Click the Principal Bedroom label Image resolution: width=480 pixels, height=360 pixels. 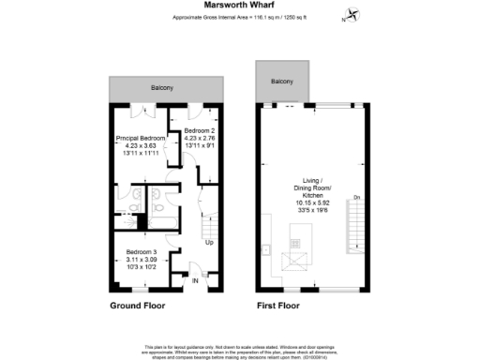click(x=140, y=138)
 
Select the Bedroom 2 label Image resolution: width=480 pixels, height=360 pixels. click(x=199, y=130)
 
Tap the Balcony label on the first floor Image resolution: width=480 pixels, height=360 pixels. click(x=282, y=82)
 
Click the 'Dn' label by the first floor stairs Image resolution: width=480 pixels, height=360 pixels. click(x=356, y=197)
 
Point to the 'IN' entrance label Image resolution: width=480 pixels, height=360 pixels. click(x=196, y=280)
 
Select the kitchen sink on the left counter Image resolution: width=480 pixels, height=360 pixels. click(x=267, y=250)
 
